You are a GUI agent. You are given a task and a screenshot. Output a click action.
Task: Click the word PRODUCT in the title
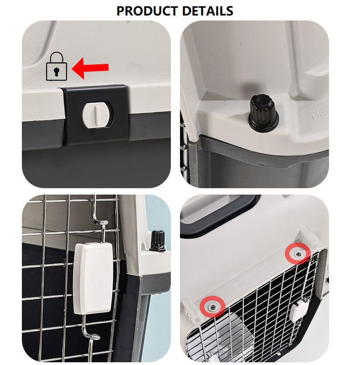coord(147,11)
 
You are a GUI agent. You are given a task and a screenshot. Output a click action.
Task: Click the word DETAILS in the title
coord(207,11)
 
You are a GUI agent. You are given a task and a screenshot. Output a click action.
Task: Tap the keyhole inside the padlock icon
coord(57,72)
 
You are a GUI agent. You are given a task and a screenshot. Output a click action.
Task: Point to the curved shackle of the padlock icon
coord(57,57)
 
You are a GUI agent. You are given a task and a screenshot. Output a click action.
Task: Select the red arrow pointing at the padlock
coord(90,68)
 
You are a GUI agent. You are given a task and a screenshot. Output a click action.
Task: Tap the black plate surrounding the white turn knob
coord(96,115)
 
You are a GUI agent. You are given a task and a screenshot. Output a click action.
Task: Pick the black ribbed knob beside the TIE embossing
coord(263,112)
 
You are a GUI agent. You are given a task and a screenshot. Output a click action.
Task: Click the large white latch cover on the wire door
coord(93,278)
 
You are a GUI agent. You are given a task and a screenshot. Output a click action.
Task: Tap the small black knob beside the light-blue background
coord(157,241)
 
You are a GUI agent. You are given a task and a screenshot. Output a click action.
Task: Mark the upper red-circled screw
coord(298,254)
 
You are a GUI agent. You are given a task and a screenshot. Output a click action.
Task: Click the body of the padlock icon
coord(57,72)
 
